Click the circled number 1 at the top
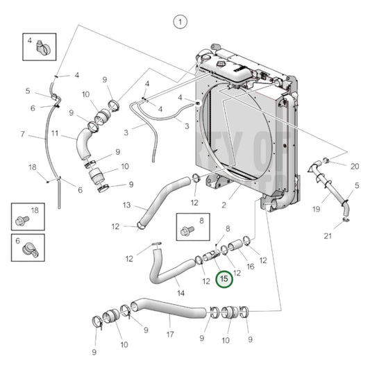point(180,22)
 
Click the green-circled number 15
point(224,279)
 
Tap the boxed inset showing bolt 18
point(26,216)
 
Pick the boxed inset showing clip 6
point(26,246)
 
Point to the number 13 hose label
point(126,205)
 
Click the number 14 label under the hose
point(180,293)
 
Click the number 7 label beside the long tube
point(22,134)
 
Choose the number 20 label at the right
point(355,166)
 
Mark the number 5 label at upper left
point(28,91)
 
